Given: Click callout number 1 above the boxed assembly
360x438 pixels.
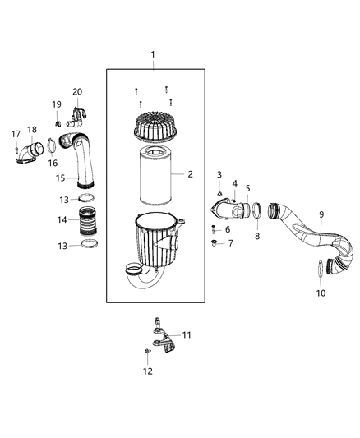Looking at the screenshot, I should pyautogui.click(x=151, y=53).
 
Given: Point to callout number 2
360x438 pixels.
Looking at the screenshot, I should pyautogui.click(x=190, y=174).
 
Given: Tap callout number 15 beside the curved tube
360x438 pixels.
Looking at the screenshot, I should pyautogui.click(x=60, y=178).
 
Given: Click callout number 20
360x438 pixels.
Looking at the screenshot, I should pyautogui.click(x=78, y=91).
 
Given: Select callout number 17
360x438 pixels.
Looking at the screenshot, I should pyautogui.click(x=15, y=134).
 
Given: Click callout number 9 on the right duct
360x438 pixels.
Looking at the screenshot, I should pyautogui.click(x=320, y=216).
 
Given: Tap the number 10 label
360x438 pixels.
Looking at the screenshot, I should pyautogui.click(x=321, y=293).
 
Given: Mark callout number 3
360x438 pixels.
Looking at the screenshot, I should pyautogui.click(x=219, y=175).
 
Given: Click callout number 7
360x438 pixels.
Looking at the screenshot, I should pyautogui.click(x=230, y=243).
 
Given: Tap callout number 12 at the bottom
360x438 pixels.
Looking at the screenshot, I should pyautogui.click(x=149, y=371).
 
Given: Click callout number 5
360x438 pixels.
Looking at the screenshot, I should pyautogui.click(x=247, y=188).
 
